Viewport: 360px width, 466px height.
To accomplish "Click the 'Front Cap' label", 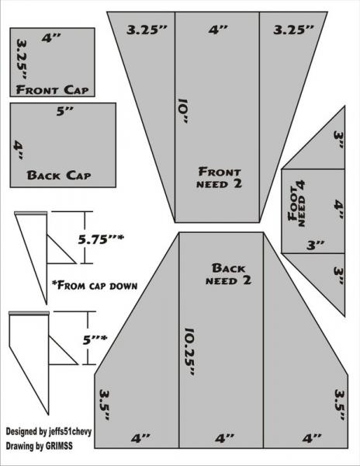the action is point(52,90).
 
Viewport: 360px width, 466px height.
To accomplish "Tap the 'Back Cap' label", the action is point(59,175).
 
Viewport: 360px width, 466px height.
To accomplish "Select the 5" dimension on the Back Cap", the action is point(65,111).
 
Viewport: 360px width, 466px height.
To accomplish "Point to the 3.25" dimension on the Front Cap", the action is point(22,59).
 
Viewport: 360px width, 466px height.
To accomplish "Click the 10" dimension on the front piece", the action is point(182,111).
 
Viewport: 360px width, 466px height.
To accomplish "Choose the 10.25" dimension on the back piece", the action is point(189,352).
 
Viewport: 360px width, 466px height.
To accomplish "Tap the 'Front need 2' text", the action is point(220,177).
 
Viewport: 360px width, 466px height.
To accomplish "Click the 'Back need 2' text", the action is point(229,274).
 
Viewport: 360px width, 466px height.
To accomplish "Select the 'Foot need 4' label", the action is point(297,203).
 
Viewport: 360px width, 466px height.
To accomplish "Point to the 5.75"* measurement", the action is point(101,239).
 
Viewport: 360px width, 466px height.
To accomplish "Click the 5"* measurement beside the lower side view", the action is point(95,339).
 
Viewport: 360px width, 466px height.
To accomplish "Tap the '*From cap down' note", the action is point(95,285).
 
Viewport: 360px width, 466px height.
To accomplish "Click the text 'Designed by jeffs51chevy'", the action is point(49,431).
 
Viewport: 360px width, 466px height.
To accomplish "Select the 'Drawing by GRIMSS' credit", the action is point(39,446).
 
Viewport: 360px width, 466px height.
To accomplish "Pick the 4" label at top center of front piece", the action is point(218,30).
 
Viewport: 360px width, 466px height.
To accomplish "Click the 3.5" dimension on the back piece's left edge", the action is point(105,405).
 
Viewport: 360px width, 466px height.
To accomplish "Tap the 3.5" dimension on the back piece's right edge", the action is point(340,405).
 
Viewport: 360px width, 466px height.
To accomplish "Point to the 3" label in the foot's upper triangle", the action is point(339,140).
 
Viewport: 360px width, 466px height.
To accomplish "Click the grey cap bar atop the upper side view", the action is point(30,213).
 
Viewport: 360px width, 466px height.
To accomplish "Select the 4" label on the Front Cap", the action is point(52,38).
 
